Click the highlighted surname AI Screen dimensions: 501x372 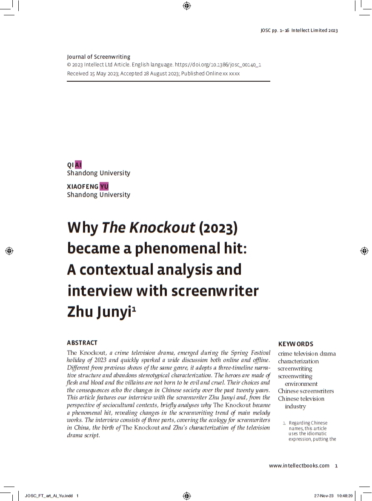coord(78,165)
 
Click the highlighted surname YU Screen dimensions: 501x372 coord(104,186)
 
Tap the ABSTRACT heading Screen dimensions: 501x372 coord(82,342)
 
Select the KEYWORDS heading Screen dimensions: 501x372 coord(295,344)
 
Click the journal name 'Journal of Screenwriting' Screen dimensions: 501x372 coord(99,57)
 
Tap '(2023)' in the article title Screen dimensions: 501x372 coord(218,228)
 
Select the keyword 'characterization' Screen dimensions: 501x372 coord(298,361)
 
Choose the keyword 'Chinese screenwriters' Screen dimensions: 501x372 coord(306,391)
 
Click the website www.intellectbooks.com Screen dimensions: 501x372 coord(299,465)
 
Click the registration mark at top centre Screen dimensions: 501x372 coord(186,6)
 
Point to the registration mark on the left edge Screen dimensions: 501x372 coord(9,250)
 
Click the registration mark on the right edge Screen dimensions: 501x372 coord(364,250)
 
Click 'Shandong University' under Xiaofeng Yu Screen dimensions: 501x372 coord(98,195)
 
